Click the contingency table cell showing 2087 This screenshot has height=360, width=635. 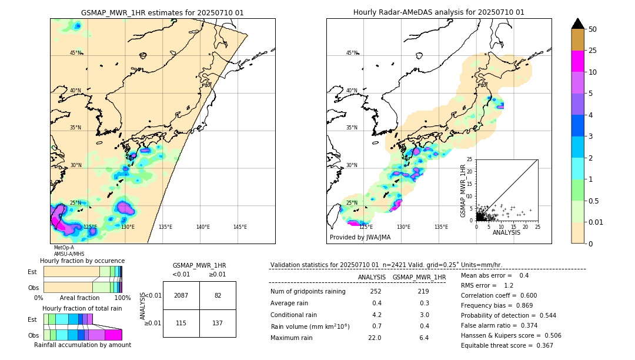coord(181,295)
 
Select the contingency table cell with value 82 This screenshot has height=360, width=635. coord(218,295)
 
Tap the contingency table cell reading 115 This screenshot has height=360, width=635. coord(181,324)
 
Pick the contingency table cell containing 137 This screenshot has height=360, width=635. coord(218,324)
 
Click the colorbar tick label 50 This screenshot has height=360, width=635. coord(593,29)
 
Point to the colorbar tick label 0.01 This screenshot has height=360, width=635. coord(596,222)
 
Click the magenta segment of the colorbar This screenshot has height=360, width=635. coord(578,61)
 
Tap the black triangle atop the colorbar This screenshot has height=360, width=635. coord(578,24)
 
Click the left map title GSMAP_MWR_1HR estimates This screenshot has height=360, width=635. coord(162,12)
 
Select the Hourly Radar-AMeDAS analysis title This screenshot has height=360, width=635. coord(439,12)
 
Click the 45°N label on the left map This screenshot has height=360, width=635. coord(75,53)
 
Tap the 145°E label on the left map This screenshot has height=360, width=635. coord(240,227)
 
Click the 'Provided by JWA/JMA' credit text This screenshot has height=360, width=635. coord(360,238)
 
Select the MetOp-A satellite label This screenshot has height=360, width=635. coord(63,248)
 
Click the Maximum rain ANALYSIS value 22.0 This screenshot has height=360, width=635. coord(375,338)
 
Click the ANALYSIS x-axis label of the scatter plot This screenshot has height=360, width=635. coord(506,232)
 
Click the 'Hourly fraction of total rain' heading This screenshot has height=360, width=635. coord(82,308)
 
